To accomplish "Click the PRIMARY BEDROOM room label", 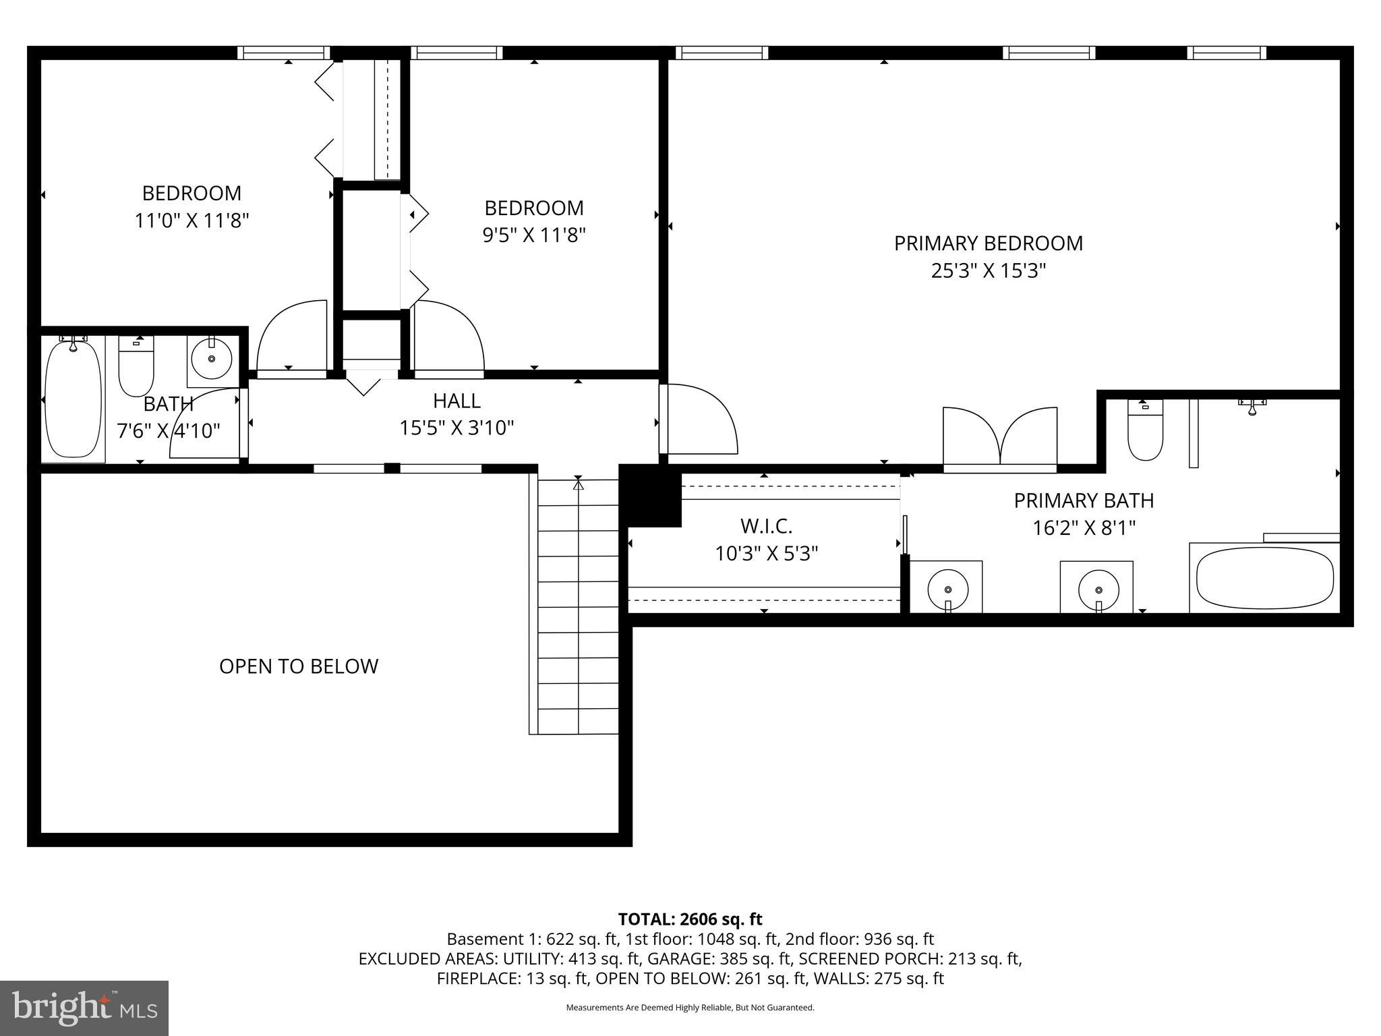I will (988, 243).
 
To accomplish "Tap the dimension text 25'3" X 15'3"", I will (988, 271).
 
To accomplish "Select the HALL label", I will (457, 401).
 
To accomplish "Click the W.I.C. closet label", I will (766, 525).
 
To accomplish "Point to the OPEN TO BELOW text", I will (299, 666).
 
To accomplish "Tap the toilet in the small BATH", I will (136, 368).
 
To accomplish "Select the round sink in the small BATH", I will (212, 359).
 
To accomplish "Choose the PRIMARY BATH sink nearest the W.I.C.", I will (947, 587).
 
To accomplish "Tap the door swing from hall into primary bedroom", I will (698, 418).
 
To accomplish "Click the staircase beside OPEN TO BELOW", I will (578, 607).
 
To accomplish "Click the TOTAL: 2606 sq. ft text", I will (690, 919).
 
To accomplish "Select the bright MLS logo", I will (84, 1008).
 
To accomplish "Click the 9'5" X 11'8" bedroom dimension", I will (533, 235).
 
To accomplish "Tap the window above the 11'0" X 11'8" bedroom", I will (284, 53).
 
